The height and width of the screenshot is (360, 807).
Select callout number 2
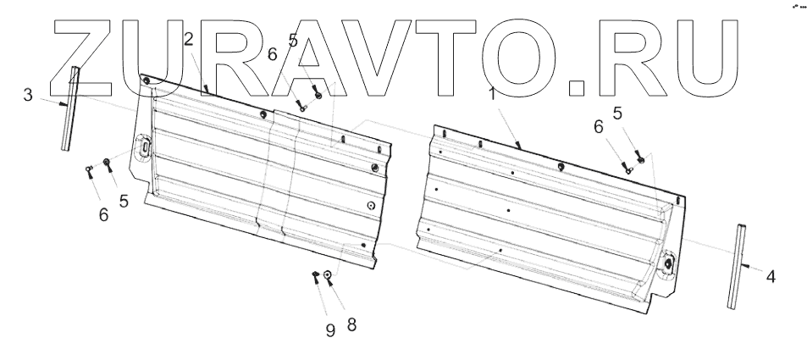click(x=188, y=38)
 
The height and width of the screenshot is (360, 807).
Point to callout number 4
click(x=770, y=275)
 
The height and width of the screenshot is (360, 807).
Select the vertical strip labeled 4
click(x=736, y=266)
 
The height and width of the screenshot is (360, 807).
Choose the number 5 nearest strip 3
click(x=124, y=202)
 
